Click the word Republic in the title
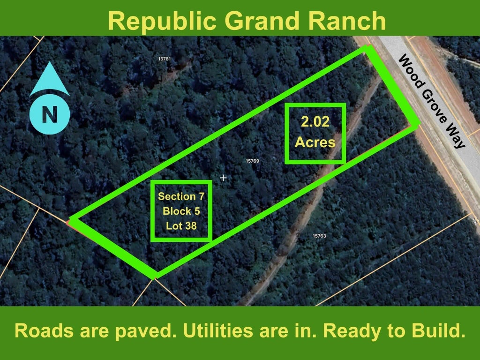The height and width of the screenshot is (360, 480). pos(162,21)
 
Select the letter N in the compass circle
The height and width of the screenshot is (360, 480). pos(50,114)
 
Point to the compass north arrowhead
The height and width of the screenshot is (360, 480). pos(50,79)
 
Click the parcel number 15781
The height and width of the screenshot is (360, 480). pos(165,59)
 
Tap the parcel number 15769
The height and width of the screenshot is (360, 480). pos(253,161)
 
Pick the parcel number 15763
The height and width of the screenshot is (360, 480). pos(319,236)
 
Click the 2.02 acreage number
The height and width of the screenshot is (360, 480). pos(315,121)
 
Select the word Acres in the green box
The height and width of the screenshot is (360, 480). pos(315,142)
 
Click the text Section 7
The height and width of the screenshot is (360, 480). pos(181,196)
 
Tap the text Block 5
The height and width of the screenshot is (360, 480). pos(181,211)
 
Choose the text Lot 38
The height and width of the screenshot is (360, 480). pos(181,226)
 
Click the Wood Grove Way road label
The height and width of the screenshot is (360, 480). pos(432,101)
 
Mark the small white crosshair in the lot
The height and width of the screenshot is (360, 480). pos(223,178)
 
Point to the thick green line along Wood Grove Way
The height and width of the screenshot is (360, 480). pos(393,86)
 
